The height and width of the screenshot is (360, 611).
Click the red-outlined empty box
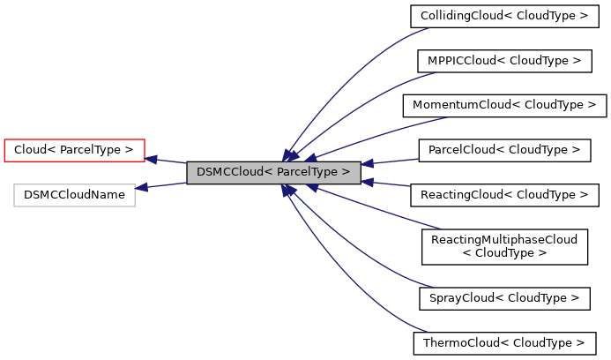pos(74,151)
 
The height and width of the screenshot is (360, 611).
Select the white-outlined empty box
pos(74,195)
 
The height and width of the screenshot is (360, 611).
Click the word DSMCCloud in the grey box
pos(229,172)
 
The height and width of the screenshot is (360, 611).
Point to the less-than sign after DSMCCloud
pos(268,172)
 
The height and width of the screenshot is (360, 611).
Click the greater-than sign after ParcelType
pos(346,172)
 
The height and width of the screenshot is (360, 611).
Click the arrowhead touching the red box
pos(151,160)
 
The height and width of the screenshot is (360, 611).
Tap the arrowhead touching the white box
pos(141,187)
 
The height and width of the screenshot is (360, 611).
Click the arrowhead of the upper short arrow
pos(367,163)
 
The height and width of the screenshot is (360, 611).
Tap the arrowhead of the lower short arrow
pos(367,183)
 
